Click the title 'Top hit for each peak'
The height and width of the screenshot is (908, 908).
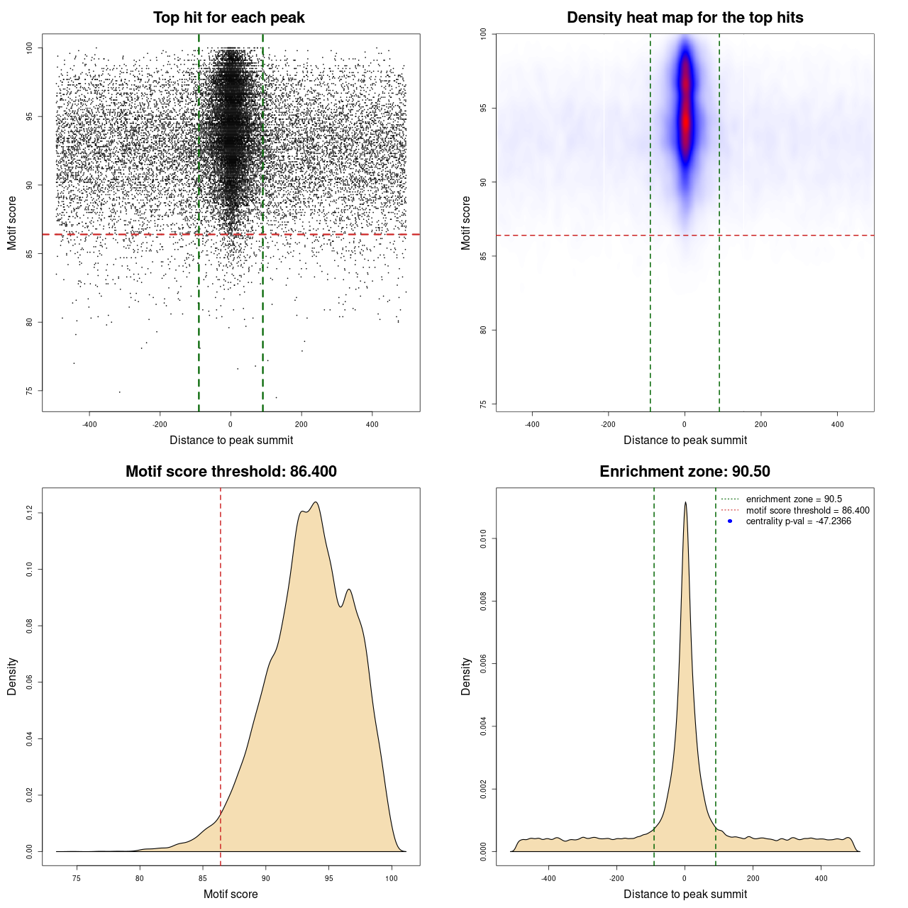pos(228,18)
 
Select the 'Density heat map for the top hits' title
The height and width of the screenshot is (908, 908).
pos(685,18)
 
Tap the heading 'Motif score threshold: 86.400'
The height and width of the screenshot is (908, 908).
pos(231,472)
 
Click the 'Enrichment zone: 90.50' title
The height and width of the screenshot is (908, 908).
pos(685,472)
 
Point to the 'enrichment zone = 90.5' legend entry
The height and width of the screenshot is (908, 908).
pos(794,499)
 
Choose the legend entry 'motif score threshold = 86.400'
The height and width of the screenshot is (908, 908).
pos(807,510)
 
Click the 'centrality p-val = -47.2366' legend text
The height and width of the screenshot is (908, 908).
pos(798,521)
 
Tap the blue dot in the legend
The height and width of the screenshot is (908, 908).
pos(730,521)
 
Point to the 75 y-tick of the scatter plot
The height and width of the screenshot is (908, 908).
pos(30,391)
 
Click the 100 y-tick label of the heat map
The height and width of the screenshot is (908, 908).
pos(484,34)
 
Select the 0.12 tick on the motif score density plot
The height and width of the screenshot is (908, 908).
pos(30,513)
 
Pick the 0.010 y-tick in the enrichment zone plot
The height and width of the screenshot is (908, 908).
pos(484,539)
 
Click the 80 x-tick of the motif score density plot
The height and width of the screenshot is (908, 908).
pos(140,878)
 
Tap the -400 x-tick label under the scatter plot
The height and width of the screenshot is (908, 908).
pos(89,424)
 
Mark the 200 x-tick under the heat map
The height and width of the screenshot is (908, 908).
pos(760,424)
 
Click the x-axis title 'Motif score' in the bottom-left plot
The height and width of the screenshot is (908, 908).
pos(231,894)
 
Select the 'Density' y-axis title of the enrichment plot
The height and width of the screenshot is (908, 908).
pos(466,676)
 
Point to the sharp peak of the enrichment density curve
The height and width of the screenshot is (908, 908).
pos(685,503)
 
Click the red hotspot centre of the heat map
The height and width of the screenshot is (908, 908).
pos(685,121)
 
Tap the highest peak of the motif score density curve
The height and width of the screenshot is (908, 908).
pos(316,503)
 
